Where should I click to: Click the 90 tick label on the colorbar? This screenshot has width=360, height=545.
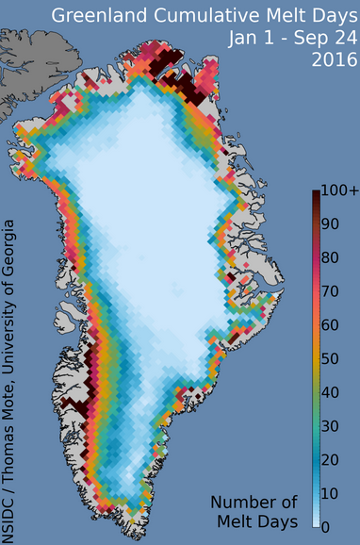331,225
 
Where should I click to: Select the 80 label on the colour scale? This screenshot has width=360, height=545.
331,258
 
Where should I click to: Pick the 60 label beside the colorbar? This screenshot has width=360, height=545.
331,325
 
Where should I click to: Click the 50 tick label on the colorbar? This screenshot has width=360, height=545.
331,359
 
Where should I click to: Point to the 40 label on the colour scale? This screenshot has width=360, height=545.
331,392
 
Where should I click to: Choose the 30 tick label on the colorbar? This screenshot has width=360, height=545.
331,426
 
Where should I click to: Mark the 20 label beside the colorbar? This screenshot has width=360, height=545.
331,459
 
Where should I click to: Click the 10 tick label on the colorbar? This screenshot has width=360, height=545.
331,493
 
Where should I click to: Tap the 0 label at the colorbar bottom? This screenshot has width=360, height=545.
326,526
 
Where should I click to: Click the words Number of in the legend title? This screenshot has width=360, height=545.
255,501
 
